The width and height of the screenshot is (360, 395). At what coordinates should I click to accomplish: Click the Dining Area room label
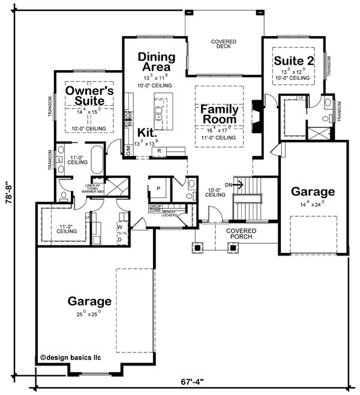coord(157,62)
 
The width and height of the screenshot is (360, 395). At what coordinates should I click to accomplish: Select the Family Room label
coord(219,115)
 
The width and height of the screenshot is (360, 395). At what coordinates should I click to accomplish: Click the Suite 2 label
coord(294,61)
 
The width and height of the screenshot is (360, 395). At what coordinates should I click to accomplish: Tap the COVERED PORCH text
coord(241,234)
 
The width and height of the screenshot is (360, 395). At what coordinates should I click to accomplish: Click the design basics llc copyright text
coord(71,357)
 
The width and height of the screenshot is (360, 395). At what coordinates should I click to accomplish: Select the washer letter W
coord(119,227)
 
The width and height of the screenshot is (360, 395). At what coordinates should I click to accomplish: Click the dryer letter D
coord(119,240)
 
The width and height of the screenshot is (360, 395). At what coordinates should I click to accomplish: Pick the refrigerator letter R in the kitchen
coord(160,151)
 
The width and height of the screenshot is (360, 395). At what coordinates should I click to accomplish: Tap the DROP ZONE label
coord(155,210)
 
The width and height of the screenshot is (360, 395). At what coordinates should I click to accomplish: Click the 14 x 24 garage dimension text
coord(313,204)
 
